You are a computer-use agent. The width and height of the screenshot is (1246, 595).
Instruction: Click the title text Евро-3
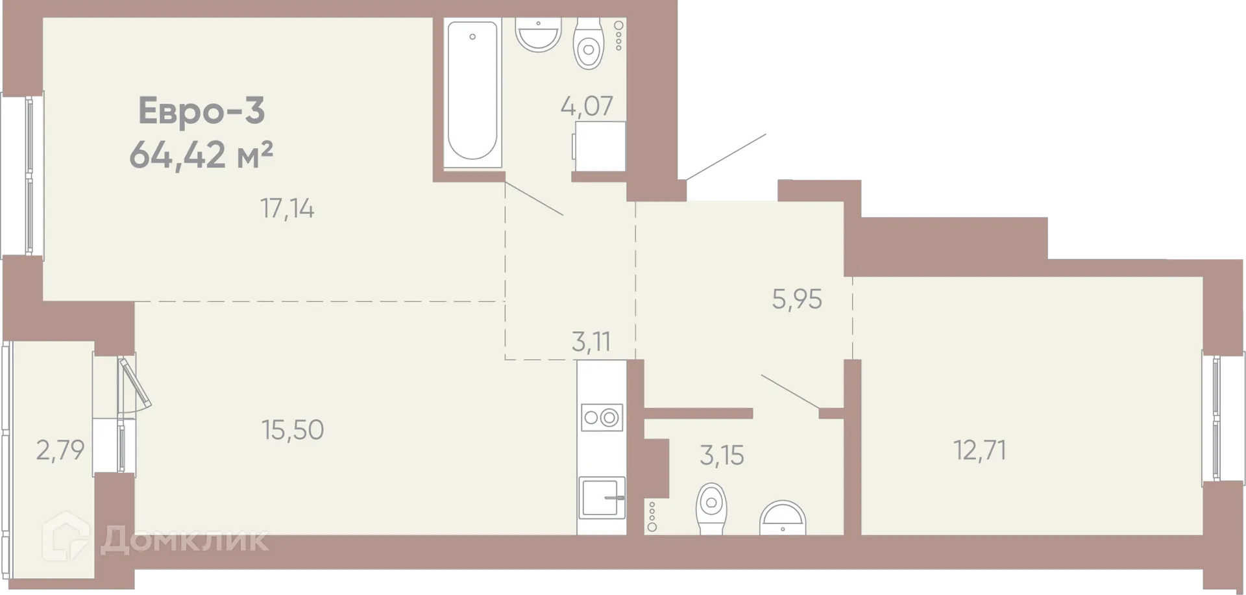202,110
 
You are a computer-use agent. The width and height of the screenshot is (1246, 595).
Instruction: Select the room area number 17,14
287,209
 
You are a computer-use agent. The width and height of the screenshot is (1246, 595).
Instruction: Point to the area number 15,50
293,430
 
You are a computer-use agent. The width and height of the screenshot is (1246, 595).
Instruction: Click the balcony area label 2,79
60,450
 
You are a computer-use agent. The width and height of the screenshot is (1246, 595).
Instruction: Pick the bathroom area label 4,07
587,106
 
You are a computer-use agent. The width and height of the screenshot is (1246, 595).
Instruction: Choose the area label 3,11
591,342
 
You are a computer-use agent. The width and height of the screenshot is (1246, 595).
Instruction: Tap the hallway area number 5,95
797,299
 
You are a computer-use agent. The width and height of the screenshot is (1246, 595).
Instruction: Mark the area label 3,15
722,456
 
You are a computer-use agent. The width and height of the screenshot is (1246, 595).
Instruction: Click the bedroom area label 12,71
979,450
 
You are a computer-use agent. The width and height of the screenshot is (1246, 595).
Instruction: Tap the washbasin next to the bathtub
538,32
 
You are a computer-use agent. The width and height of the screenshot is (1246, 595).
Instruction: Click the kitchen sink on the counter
602,498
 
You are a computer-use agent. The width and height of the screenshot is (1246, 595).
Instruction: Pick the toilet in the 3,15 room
711,507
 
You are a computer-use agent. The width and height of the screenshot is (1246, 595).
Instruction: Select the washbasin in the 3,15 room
783,517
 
